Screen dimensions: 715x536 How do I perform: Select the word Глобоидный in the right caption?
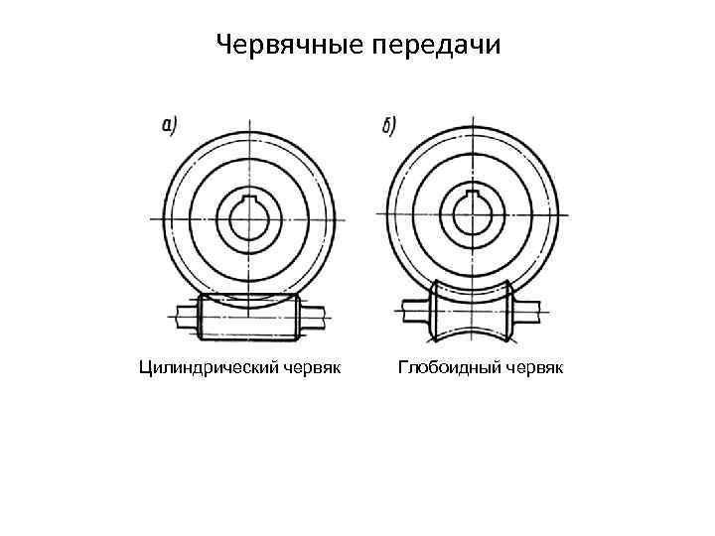point(450,369)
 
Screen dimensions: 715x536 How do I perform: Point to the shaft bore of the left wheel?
point(248,219)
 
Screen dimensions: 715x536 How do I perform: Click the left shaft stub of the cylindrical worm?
point(184,318)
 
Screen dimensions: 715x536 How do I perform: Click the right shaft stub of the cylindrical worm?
point(313,318)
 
